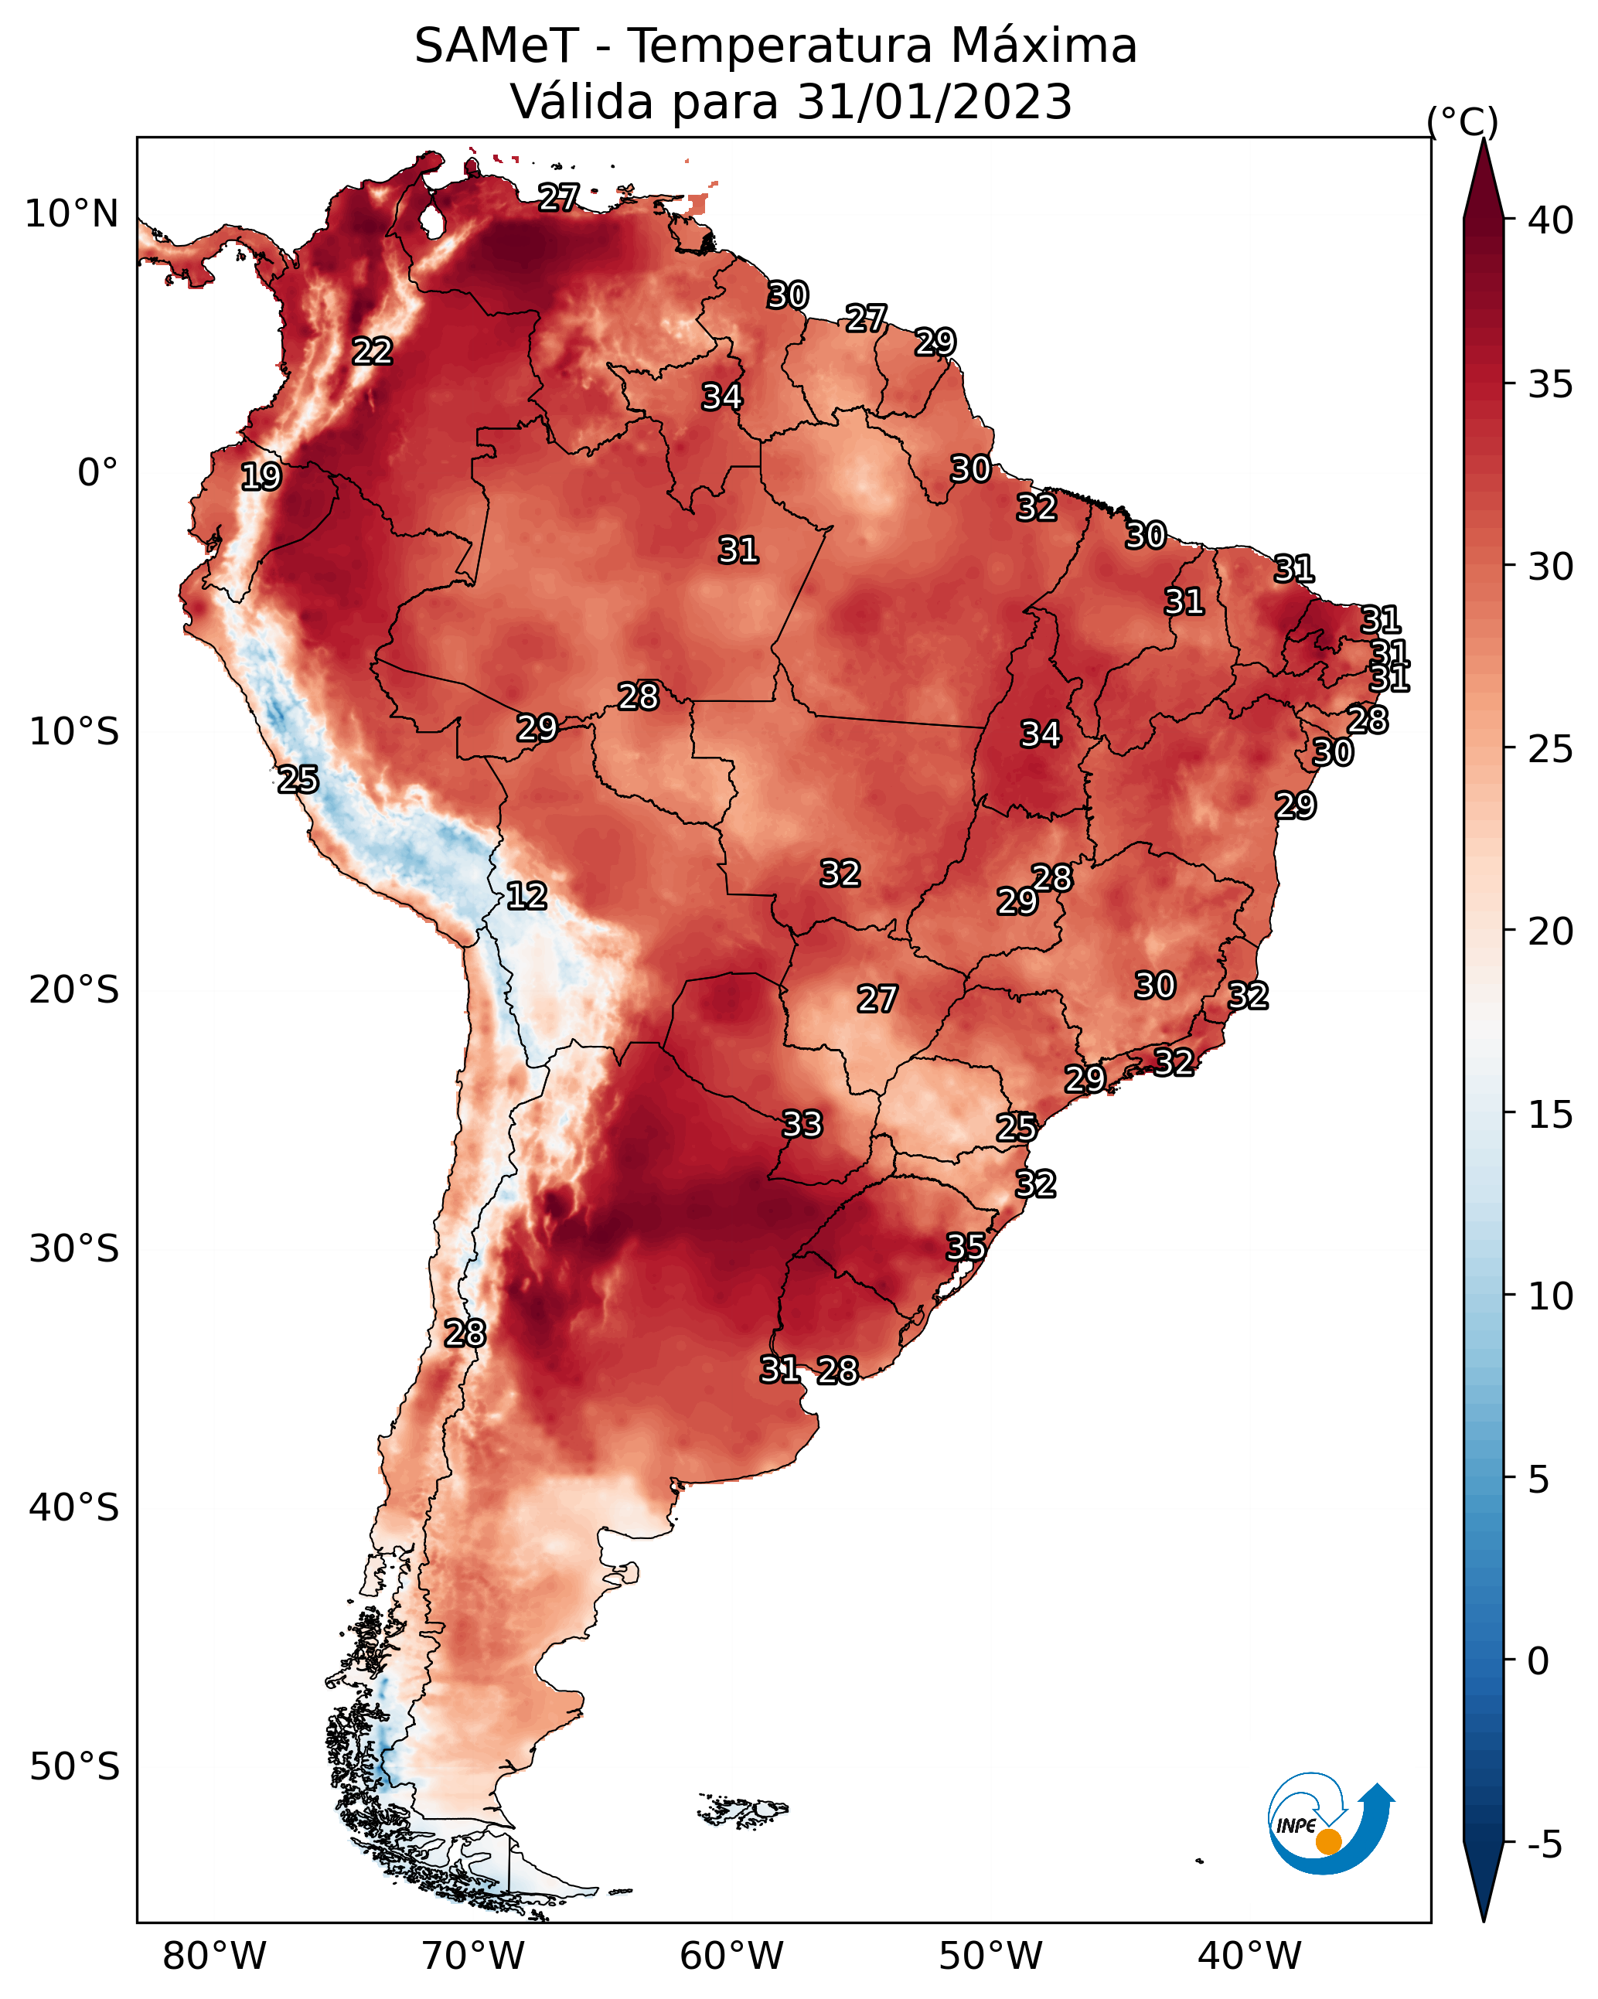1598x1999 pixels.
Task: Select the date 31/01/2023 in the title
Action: pyautogui.click(x=934, y=102)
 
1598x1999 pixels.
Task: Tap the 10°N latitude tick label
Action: pyautogui.click(x=71, y=214)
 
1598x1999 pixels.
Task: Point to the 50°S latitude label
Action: pyautogui.click(x=74, y=1767)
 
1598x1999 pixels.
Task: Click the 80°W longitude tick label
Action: pyautogui.click(x=214, y=1956)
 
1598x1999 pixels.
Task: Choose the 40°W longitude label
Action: pyautogui.click(x=1249, y=1956)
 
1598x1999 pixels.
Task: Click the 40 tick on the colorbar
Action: pyautogui.click(x=1550, y=220)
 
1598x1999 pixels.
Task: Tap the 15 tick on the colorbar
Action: pyautogui.click(x=1550, y=1115)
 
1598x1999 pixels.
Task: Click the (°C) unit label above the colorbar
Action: pyautogui.click(x=1463, y=121)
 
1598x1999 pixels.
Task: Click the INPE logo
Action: pyautogui.click(x=1330, y=1824)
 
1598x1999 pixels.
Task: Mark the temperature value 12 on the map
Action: pyautogui.click(x=526, y=896)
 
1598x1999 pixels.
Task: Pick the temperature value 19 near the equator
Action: pyautogui.click(x=261, y=477)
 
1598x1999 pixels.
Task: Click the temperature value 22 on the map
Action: pyautogui.click(x=373, y=352)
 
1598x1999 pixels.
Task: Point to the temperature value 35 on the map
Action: pyautogui.click(x=966, y=1247)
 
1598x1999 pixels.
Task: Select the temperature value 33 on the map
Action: pyautogui.click(x=802, y=1125)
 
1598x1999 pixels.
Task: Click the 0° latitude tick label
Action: pyautogui.click(x=97, y=473)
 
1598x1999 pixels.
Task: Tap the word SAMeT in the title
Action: pyautogui.click(x=496, y=46)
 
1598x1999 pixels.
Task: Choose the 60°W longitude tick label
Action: pyautogui.click(x=732, y=1956)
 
